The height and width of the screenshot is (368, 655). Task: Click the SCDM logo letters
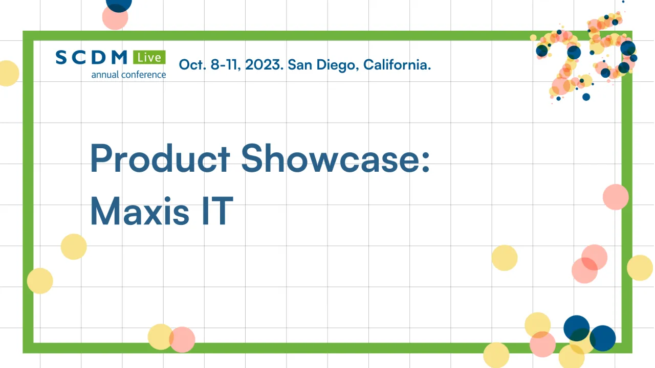click(x=92, y=57)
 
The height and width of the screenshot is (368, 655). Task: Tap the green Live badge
click(x=149, y=57)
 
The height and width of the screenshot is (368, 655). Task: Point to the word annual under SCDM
click(x=105, y=75)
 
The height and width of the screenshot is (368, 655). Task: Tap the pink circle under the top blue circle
click(x=115, y=18)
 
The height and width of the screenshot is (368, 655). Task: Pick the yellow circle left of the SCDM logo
click(x=7, y=73)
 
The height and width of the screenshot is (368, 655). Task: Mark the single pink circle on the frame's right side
click(x=615, y=197)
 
